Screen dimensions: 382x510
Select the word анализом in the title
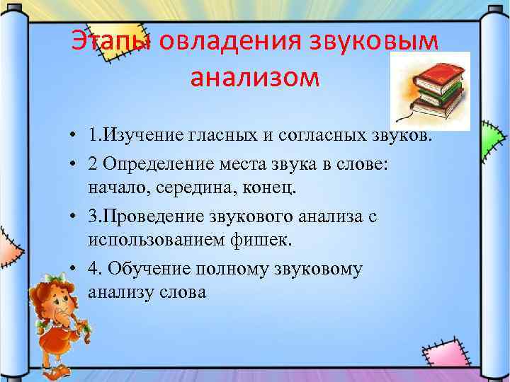pos(255,76)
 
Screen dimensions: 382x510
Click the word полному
pos(249,269)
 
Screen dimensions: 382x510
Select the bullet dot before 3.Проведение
pos(74,216)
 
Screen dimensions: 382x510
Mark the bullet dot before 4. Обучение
pos(74,269)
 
